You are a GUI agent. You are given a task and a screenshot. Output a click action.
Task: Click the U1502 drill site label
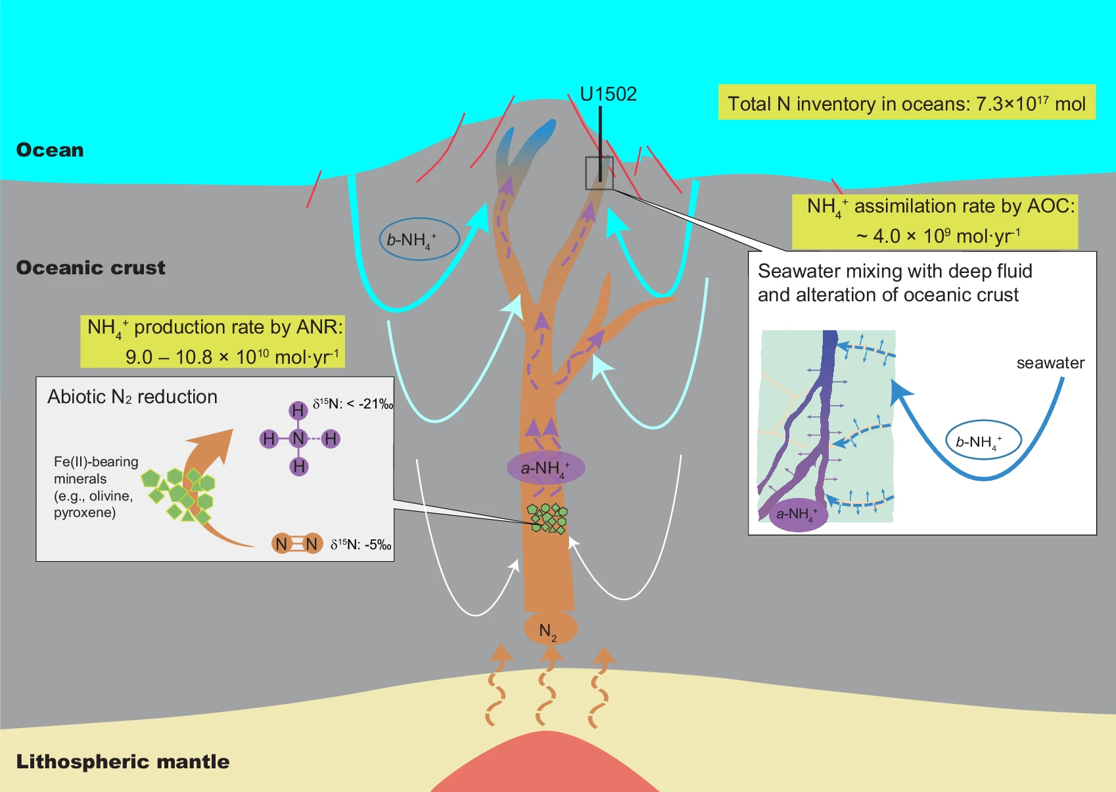click(608, 94)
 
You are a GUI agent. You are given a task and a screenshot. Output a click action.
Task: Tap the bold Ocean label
click(50, 150)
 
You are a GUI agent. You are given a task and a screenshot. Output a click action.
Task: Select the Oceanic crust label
click(91, 268)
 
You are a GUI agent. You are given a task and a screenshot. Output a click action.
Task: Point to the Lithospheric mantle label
click(123, 762)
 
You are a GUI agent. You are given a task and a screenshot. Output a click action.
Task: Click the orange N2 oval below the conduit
click(550, 630)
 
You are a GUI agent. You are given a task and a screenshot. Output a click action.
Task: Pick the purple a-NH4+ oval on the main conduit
click(546, 468)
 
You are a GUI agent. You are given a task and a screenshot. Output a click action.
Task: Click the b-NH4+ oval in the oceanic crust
click(419, 239)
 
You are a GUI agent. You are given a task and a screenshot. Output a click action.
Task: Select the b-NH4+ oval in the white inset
click(983, 441)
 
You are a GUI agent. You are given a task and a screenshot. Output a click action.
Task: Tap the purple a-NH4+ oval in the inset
click(797, 513)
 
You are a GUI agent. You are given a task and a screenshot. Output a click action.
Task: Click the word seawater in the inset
click(1050, 363)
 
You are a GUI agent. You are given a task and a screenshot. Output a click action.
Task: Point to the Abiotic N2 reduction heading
click(132, 397)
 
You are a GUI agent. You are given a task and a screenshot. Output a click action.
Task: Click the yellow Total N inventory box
click(906, 103)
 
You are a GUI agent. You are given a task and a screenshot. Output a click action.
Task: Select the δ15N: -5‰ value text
click(360, 545)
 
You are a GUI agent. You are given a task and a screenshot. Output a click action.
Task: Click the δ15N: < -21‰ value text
click(352, 404)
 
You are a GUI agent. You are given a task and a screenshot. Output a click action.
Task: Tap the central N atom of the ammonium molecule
click(299, 439)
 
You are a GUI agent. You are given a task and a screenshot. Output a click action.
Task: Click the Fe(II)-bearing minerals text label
click(96, 487)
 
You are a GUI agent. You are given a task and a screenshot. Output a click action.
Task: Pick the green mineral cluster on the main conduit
click(547, 518)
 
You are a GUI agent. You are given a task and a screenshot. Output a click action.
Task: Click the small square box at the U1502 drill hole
click(599, 173)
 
